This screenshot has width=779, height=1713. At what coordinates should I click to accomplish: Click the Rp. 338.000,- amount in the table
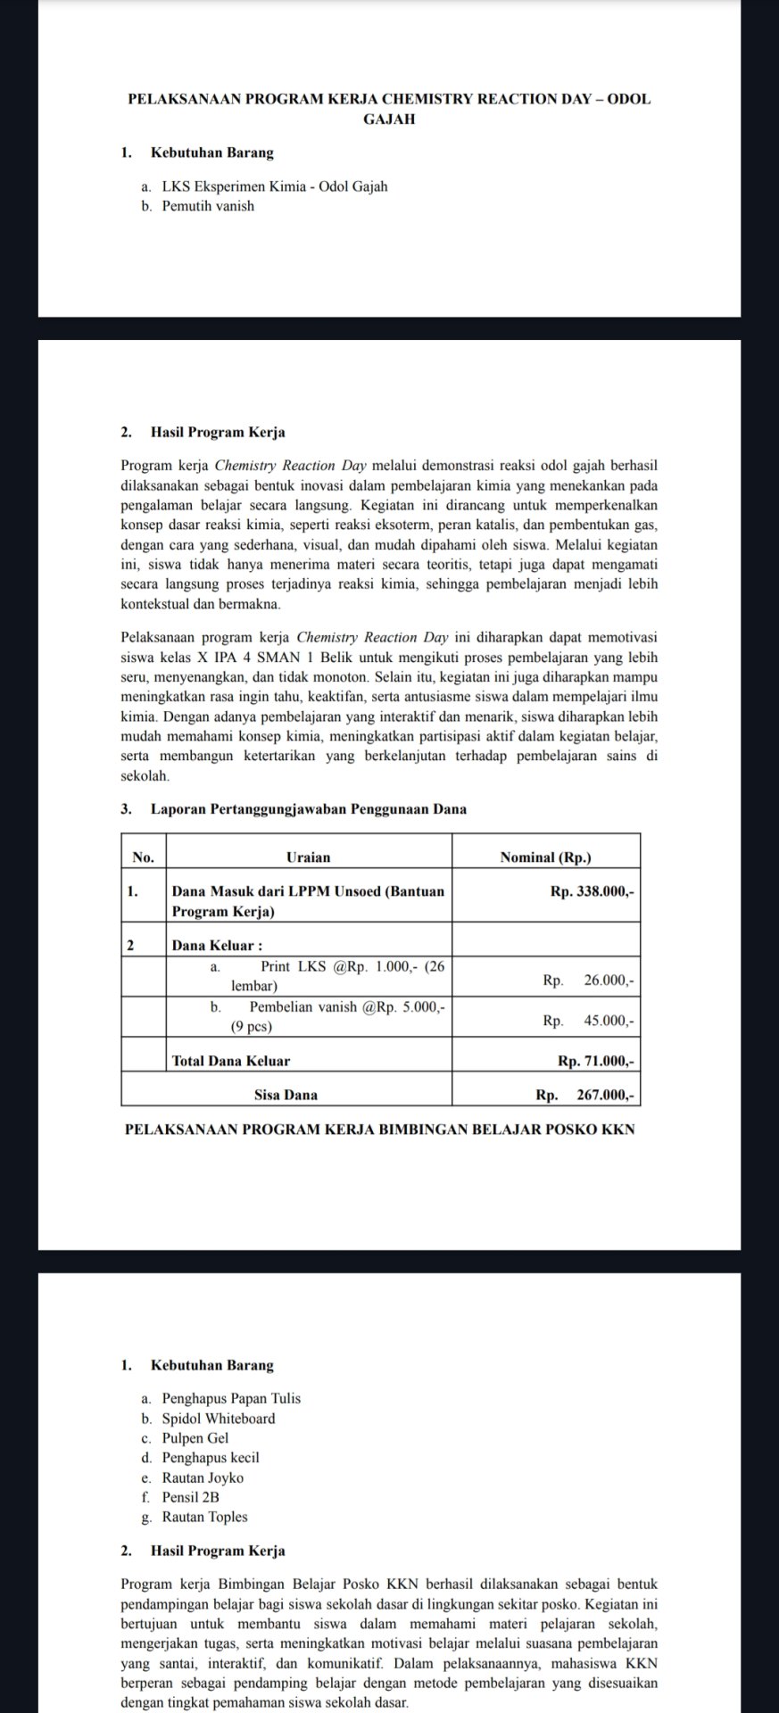coord(593,890)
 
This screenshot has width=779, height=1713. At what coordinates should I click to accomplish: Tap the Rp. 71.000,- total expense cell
coord(595,1061)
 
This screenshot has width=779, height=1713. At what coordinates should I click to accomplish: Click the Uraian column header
coord(309,857)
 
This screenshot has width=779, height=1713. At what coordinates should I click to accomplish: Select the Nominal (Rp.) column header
coord(546,857)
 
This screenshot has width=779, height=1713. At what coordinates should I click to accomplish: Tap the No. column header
coord(143,857)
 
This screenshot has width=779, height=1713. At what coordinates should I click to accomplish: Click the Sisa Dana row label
coord(286,1094)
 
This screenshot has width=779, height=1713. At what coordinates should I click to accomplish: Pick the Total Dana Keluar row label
coord(230,1061)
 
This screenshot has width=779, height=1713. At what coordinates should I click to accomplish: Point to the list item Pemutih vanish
coord(208,206)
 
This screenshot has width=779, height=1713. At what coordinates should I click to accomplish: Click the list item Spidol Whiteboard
coord(219,1419)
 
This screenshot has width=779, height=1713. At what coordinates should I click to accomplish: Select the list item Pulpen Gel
coord(195,1438)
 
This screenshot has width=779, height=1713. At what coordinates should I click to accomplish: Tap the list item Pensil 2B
coord(190,1497)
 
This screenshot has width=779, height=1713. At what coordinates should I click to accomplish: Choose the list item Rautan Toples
coord(204,1517)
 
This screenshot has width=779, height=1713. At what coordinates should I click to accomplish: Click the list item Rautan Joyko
coord(203,1477)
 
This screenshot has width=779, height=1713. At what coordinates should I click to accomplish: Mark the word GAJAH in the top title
coord(389,119)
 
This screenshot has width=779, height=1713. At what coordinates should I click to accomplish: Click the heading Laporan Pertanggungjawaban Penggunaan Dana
coord(308,809)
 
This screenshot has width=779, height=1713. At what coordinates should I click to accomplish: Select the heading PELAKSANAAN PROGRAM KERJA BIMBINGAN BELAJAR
coord(381,1130)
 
